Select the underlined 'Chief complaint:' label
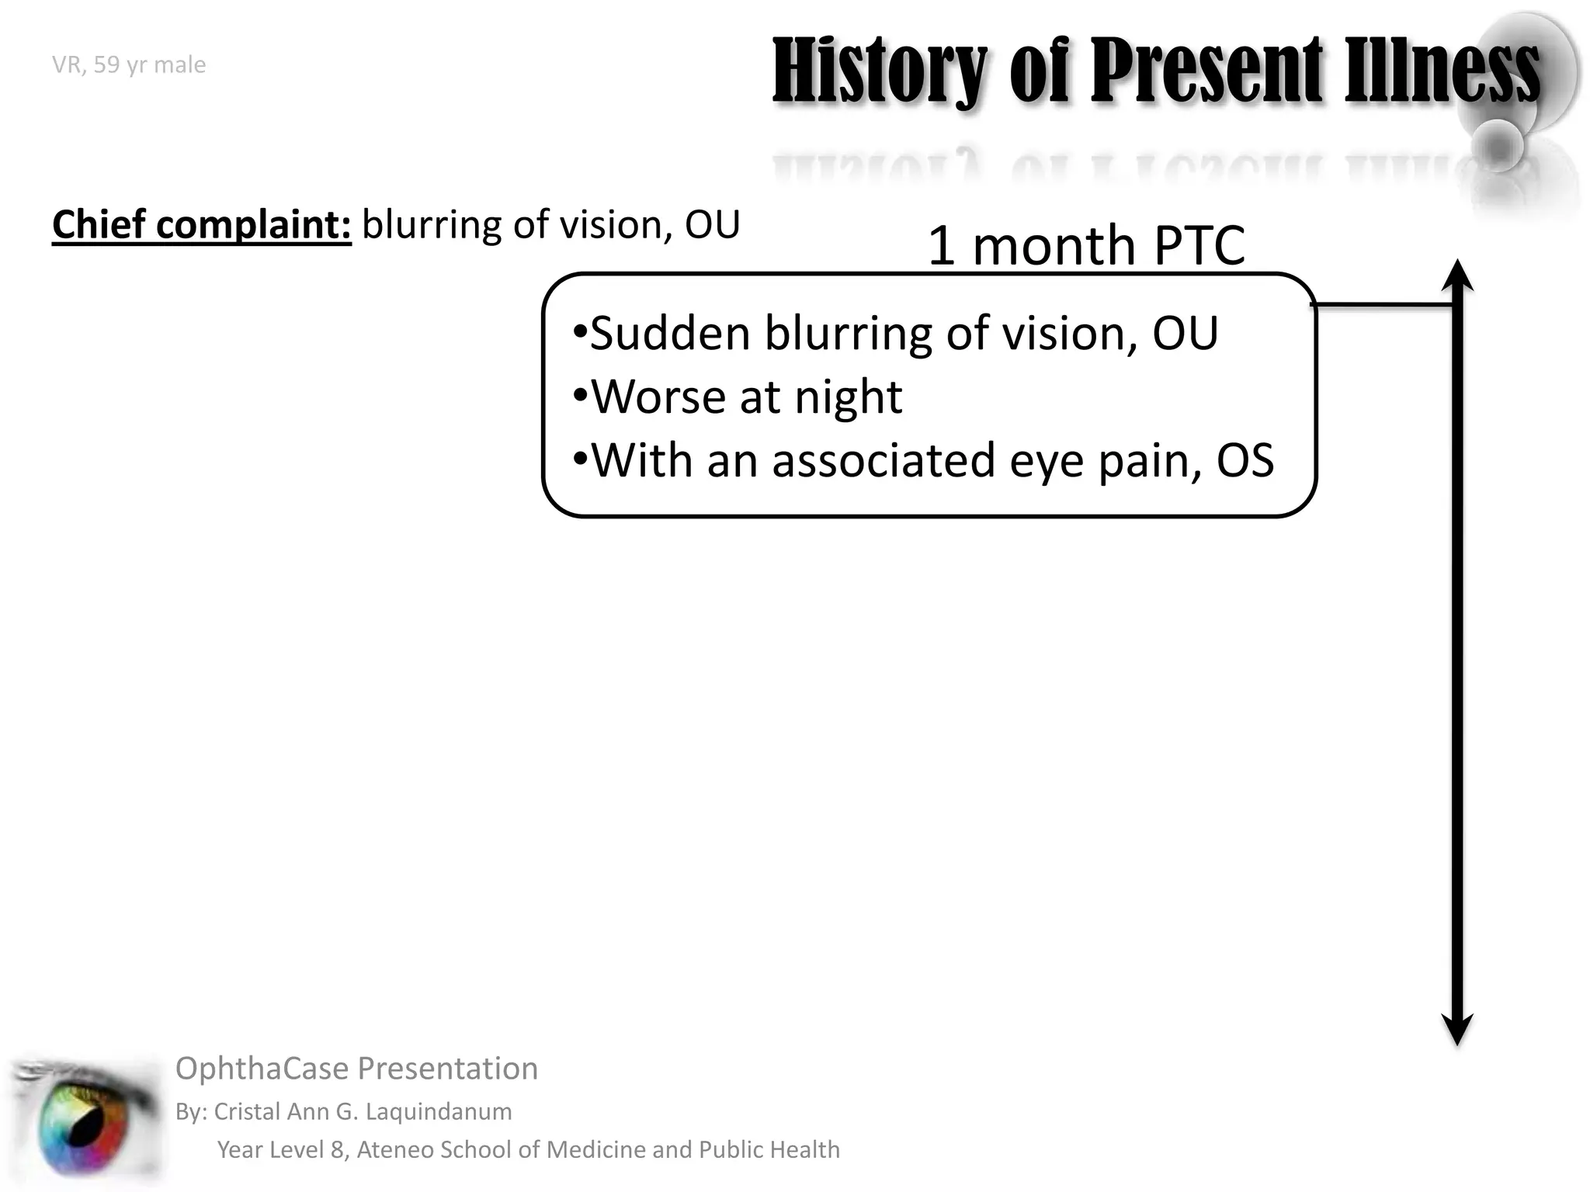click(201, 225)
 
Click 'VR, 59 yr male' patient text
click(129, 64)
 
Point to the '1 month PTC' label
click(1085, 245)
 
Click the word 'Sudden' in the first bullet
click(669, 334)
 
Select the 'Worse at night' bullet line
click(738, 397)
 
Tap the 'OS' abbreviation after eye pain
click(1245, 460)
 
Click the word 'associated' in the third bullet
click(884, 460)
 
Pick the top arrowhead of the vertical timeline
click(1457, 273)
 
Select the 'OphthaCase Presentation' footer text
click(356, 1069)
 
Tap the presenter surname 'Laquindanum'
click(438, 1111)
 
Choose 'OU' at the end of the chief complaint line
click(711, 225)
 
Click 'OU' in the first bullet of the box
click(1185, 334)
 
